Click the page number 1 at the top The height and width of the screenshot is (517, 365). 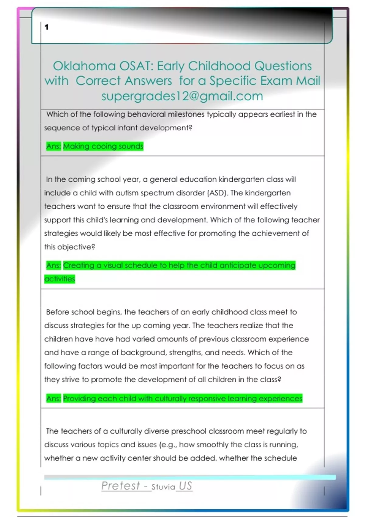click(47, 27)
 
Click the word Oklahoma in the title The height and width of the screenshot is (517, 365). click(84, 66)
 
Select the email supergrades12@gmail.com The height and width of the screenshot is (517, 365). click(182, 96)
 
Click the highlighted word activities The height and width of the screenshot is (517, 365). click(60, 279)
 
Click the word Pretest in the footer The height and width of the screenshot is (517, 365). click(120, 486)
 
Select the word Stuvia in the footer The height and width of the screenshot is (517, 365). click(163, 487)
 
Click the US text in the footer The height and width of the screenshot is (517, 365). click(185, 486)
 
